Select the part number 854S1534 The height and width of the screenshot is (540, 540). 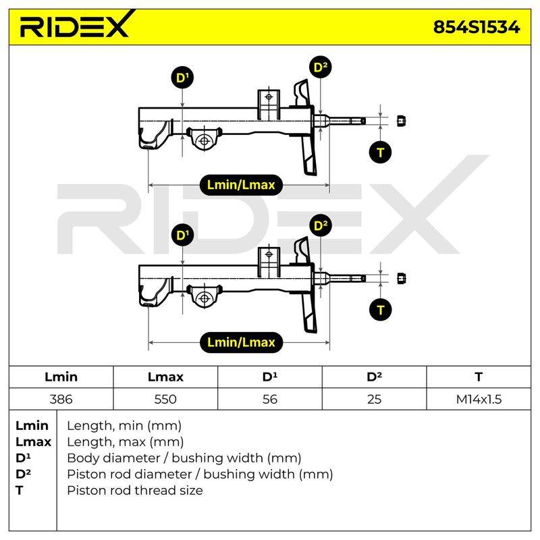(x=477, y=27)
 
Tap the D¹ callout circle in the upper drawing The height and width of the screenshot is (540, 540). (x=182, y=78)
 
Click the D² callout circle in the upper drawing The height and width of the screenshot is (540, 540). (x=321, y=67)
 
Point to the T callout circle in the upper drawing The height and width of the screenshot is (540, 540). (x=380, y=153)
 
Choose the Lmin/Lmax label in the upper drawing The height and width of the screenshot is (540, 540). (x=241, y=185)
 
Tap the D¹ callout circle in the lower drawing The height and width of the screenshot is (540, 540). (x=182, y=235)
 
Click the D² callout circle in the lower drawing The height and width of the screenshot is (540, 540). (x=321, y=225)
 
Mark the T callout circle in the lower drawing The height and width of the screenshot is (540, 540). (x=380, y=310)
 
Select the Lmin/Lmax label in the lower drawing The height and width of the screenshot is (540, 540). (x=241, y=342)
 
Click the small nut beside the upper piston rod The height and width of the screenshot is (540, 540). (x=401, y=121)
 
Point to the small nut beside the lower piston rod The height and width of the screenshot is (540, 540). (x=401, y=278)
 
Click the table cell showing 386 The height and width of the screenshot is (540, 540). (x=61, y=399)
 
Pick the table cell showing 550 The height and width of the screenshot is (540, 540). (x=165, y=399)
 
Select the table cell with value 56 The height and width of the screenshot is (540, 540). (x=269, y=399)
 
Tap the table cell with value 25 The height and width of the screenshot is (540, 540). (x=374, y=399)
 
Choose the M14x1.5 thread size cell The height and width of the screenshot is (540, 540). (x=479, y=399)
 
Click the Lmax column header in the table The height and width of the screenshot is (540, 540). (x=165, y=377)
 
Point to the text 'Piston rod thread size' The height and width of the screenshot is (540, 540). (x=134, y=491)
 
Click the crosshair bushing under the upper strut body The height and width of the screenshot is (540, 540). (x=205, y=140)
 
